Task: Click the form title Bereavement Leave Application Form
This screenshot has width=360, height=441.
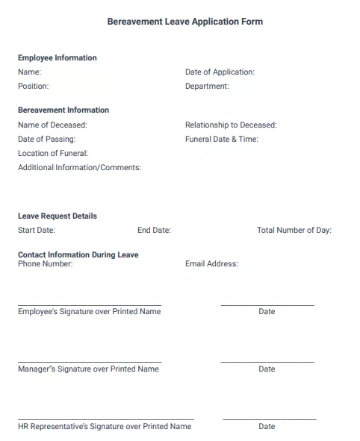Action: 184,22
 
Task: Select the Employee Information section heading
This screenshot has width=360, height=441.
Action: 57,57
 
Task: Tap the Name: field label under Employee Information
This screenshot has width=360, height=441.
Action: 29,72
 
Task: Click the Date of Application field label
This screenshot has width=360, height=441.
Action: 220,72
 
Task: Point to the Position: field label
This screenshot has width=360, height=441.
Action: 33,87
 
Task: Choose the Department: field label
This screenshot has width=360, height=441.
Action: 207,87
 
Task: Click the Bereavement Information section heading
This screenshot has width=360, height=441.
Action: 63,110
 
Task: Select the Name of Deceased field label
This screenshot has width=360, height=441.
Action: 52,125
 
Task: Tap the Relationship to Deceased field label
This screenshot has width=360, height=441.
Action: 230,125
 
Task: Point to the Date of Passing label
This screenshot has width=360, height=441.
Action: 46,139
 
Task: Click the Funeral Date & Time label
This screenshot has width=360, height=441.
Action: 221,139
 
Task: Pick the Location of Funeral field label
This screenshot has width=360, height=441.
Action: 52,153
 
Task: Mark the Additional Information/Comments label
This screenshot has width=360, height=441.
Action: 79,167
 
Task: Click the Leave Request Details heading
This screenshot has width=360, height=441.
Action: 57,216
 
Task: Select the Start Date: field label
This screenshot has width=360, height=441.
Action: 36,230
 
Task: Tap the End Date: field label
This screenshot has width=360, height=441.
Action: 154,230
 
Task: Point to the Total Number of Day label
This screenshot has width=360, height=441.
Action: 294,230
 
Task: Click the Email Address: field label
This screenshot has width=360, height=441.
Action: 211,263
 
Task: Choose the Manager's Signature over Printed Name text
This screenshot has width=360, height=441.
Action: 88,369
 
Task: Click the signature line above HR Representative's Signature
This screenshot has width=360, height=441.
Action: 105,419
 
